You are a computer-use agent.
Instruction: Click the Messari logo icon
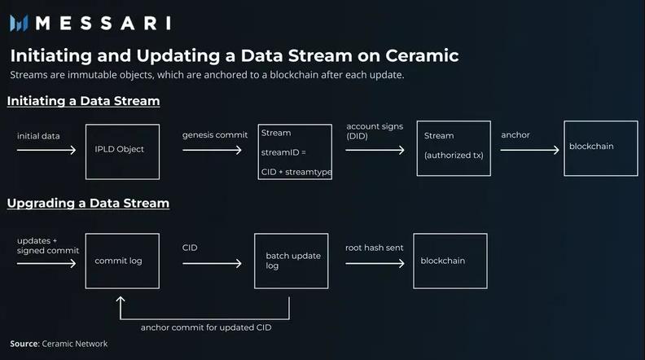coord(19,23)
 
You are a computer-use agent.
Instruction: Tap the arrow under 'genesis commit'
coord(212,150)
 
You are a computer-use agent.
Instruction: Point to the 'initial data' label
coord(38,136)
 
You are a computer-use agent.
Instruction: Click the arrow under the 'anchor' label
coord(530,150)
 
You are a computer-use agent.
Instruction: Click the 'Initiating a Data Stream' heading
coord(84,101)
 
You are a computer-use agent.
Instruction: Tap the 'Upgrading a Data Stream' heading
coord(88,204)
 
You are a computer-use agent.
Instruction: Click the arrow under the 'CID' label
coord(212,263)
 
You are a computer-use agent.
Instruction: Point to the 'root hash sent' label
coord(375,248)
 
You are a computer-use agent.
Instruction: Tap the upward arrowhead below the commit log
coord(121,300)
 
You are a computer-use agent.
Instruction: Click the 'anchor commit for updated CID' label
coord(206,327)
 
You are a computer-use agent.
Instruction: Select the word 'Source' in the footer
coord(24,344)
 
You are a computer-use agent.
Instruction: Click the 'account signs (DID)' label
coord(375,131)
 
